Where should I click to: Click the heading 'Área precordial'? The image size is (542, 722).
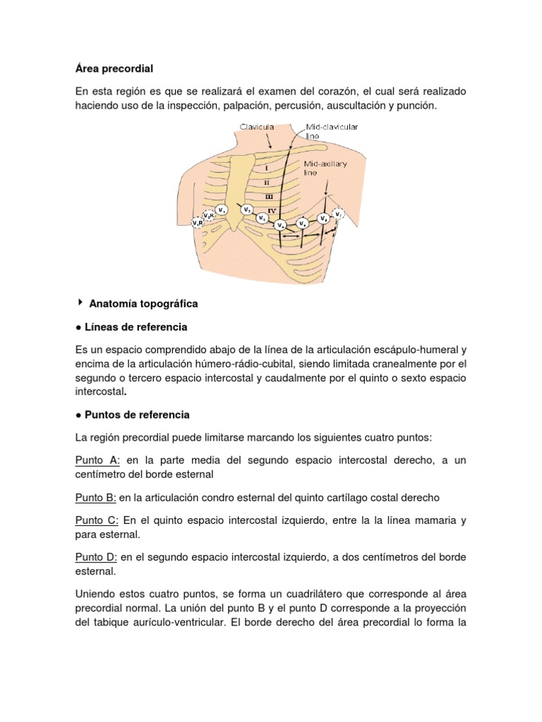pos(114,68)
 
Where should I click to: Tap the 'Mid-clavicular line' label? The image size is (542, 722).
pos(331,131)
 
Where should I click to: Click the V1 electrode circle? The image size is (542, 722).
pos(222,209)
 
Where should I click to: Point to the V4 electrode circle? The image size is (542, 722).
pos(282,225)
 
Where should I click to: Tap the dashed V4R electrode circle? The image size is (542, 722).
pos(198,223)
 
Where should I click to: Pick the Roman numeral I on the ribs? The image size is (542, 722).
pos(266,168)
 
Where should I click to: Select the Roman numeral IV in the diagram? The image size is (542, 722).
pos(271,209)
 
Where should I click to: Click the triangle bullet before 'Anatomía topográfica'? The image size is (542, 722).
pos(79,302)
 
